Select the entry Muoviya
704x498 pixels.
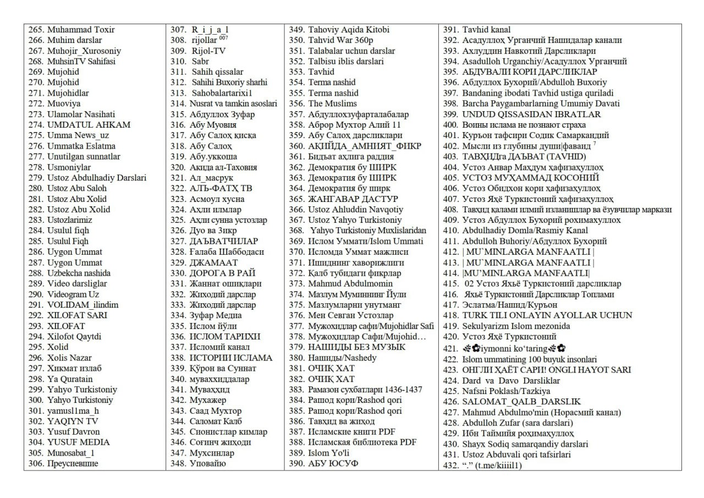click(64, 103)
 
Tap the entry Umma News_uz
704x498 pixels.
click(78, 135)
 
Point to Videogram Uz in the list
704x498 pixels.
click(73, 294)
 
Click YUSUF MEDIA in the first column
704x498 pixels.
click(78, 442)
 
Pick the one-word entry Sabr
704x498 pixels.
click(200, 61)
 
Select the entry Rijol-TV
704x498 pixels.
click(208, 51)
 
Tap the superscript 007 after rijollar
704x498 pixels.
click(223, 38)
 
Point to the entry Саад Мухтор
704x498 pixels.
click(213, 411)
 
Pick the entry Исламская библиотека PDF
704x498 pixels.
click(362, 442)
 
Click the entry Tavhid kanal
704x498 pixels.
click(486, 30)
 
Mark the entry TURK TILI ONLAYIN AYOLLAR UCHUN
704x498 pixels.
click(547, 315)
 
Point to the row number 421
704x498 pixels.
click(450, 349)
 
